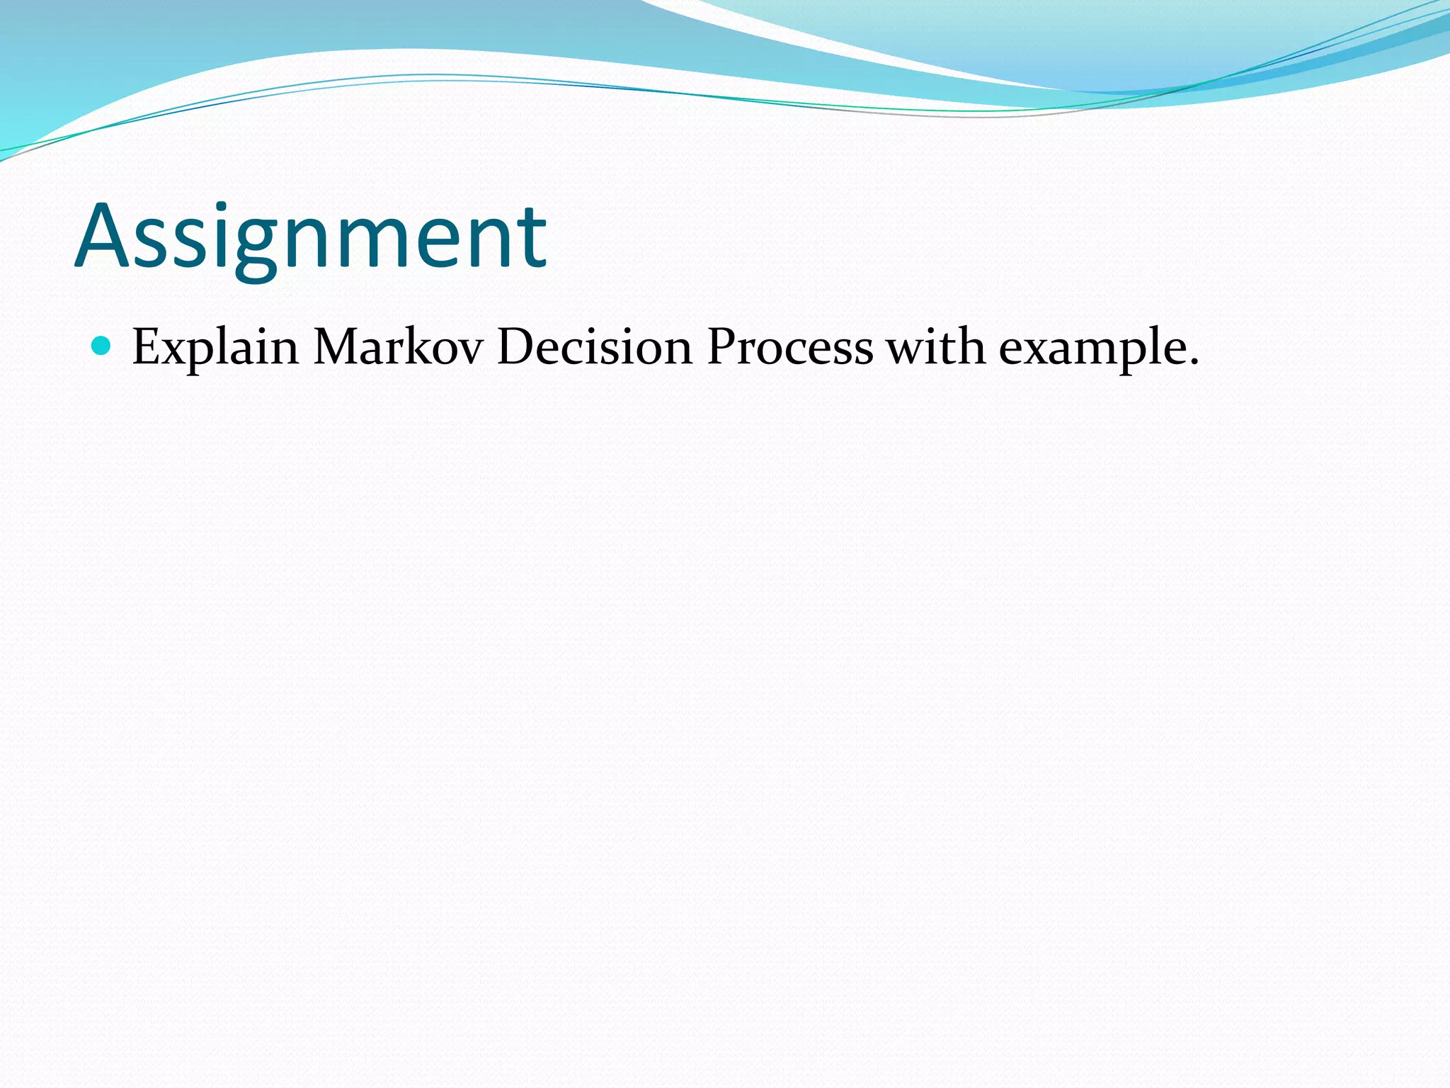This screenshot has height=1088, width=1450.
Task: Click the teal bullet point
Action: [x=102, y=346]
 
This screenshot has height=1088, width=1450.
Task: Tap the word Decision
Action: [x=595, y=347]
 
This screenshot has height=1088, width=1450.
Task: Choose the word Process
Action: [x=790, y=347]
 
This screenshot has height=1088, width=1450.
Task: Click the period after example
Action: [x=1194, y=363]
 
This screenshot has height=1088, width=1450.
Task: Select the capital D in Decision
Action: [x=518, y=347]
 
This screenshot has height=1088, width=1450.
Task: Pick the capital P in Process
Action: [x=721, y=347]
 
